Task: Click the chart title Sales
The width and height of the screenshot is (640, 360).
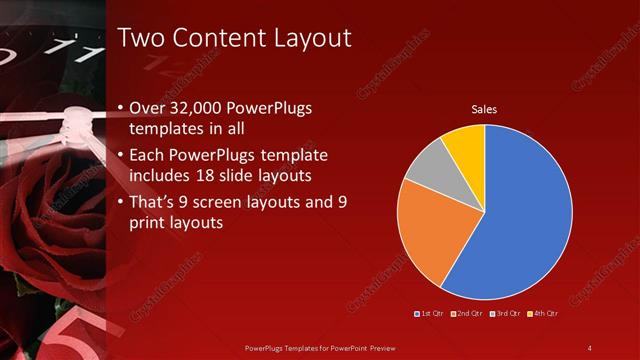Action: pos(484,109)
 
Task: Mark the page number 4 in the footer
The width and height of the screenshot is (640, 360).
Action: pos(589,347)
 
